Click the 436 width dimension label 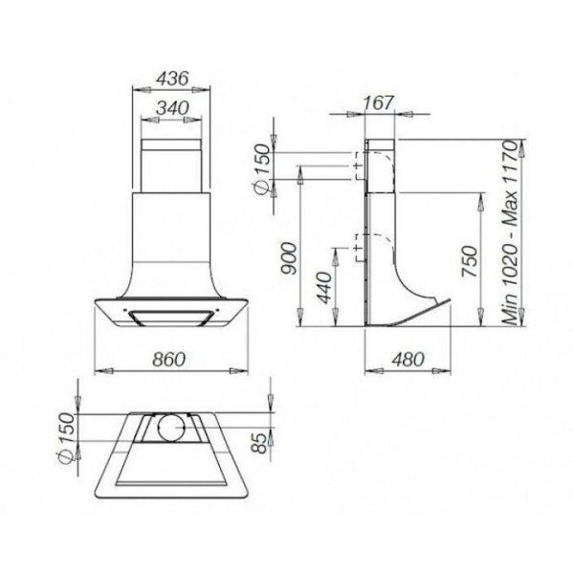[x=172, y=78]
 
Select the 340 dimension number [x=172, y=108]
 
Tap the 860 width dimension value [x=169, y=360]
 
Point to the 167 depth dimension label [x=379, y=103]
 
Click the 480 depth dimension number [x=408, y=360]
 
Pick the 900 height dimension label [x=288, y=258]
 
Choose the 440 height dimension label [x=324, y=288]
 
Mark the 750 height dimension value [x=470, y=261]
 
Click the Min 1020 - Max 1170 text [x=510, y=232]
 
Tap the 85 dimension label [x=261, y=443]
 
